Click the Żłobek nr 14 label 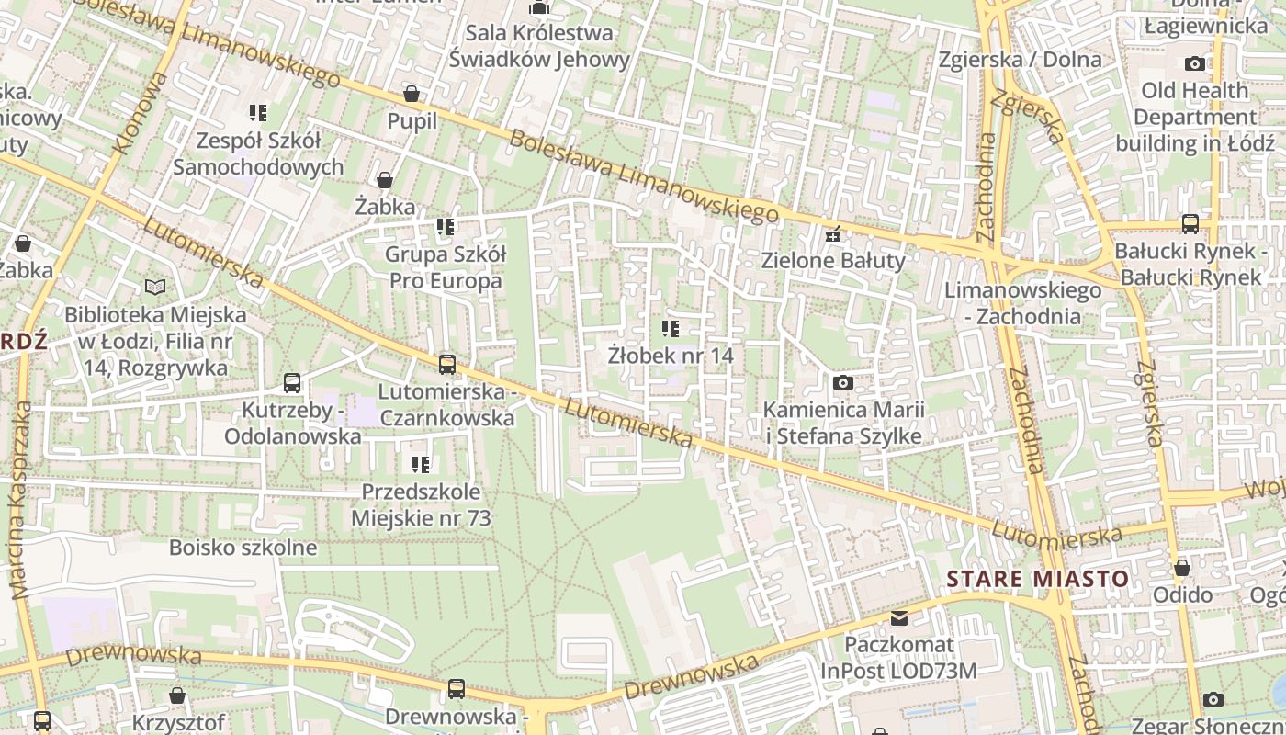[x=671, y=355]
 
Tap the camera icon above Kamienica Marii [x=842, y=382]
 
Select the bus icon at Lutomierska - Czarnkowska [x=447, y=365]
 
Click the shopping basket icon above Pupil [x=412, y=94]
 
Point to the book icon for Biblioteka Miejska [x=155, y=288]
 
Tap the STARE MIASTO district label [x=1038, y=579]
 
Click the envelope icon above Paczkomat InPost [x=898, y=617]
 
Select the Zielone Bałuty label [x=833, y=260]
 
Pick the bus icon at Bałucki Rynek [x=1190, y=224]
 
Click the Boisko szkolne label [x=243, y=548]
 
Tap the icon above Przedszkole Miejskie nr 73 [x=421, y=465]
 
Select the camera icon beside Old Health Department [x=1194, y=63]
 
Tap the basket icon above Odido [x=1182, y=568]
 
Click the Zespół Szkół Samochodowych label [x=258, y=153]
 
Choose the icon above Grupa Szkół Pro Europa [x=446, y=226]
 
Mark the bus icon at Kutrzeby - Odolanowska [x=292, y=383]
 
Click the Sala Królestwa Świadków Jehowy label [x=539, y=46]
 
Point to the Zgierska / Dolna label [x=1020, y=60]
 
